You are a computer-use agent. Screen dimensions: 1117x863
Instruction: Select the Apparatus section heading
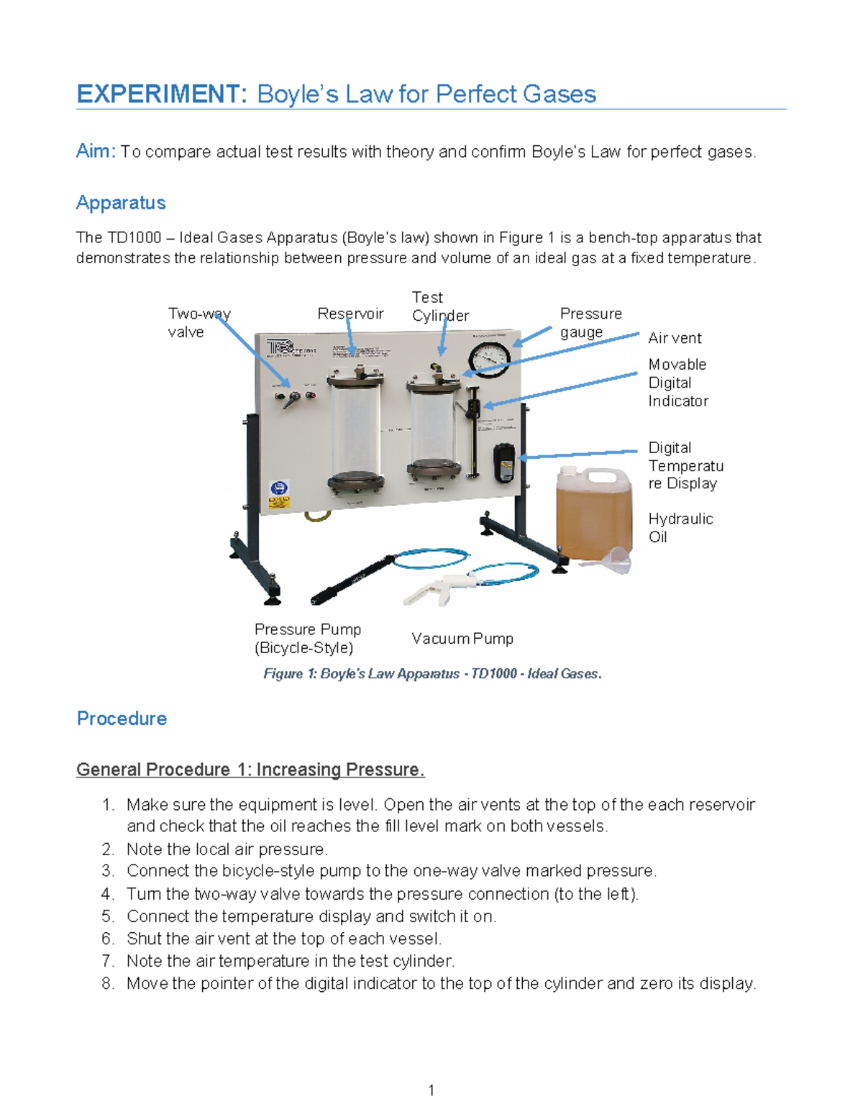[121, 203]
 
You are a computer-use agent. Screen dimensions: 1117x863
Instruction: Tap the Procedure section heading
[122, 719]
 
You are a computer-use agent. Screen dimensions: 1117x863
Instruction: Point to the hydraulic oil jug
[593, 513]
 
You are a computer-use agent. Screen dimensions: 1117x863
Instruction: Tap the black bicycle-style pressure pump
[352, 579]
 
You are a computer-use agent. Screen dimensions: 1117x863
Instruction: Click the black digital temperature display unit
[504, 462]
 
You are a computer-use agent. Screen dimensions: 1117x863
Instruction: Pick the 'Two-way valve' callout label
[198, 323]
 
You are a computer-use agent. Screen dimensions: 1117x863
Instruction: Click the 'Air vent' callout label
[675, 338]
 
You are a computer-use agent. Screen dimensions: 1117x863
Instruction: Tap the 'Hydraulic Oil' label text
[680, 528]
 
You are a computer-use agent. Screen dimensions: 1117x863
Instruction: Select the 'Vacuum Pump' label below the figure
[462, 639]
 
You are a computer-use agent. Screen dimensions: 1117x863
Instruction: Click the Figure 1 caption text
[432, 674]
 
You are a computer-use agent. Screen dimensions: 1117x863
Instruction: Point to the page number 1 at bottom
[431, 1090]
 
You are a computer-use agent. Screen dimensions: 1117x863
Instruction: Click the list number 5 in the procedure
[108, 916]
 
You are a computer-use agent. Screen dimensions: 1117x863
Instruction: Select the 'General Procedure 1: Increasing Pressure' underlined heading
[250, 770]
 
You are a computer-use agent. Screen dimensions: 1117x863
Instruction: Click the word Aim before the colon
[93, 151]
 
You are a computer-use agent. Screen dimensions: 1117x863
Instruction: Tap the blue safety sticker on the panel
[278, 488]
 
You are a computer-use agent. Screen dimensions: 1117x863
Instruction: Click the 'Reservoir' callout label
[350, 314]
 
